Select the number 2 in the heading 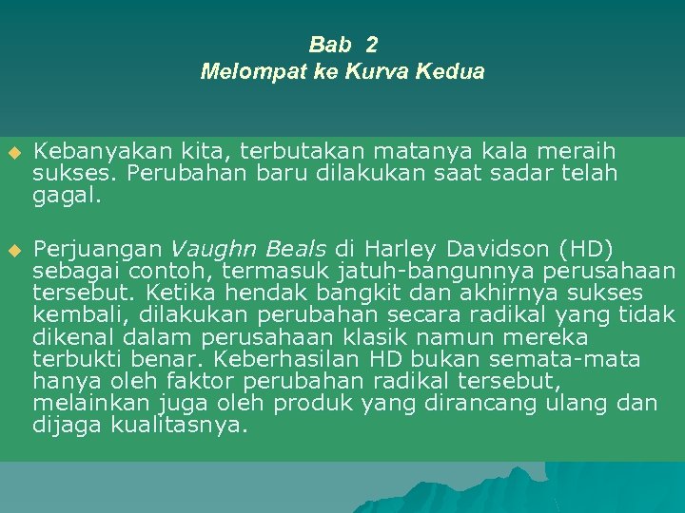(371, 45)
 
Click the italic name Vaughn (207, 249)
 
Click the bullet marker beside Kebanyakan (13, 152)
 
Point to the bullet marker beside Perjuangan (13, 250)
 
